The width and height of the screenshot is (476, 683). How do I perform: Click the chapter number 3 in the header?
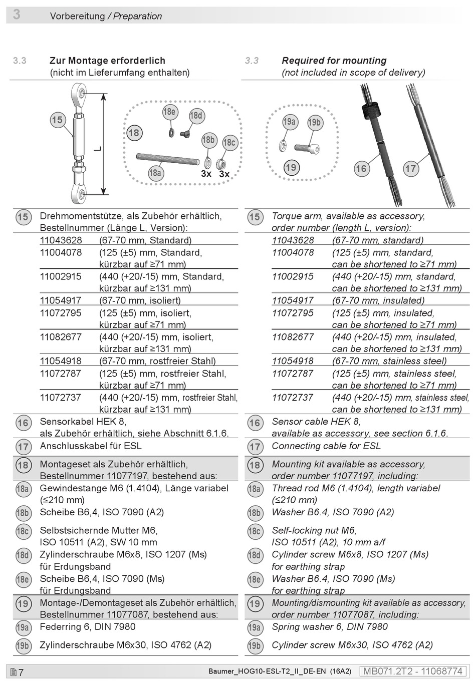pos(17,15)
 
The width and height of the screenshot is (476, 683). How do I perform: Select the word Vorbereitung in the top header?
pos(77,16)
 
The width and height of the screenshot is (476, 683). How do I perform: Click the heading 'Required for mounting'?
pos(334,61)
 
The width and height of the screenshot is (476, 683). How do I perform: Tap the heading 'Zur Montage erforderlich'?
pos(107,61)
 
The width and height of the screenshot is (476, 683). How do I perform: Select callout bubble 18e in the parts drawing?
pos(169,112)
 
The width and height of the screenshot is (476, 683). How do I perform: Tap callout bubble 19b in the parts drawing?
pos(314,122)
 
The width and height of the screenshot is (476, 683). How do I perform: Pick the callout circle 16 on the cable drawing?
pos(361,168)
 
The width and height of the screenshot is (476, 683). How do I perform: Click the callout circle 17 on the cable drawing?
pos(411,168)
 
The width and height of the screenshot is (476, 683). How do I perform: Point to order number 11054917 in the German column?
pos(60,300)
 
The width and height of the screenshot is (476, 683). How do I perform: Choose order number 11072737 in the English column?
pos(293,398)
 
